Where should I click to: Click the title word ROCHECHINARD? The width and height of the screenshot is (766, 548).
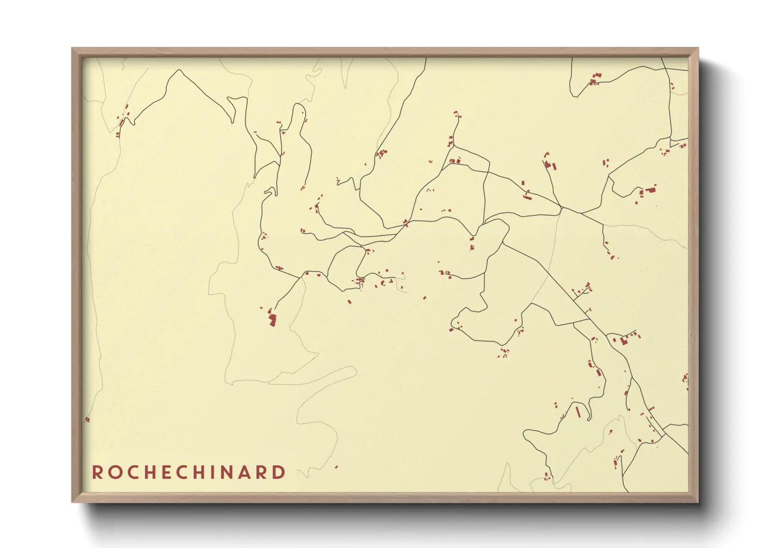pos(188,472)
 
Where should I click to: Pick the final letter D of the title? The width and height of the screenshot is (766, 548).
pos(279,472)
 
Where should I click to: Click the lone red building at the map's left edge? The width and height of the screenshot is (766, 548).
pos(87,420)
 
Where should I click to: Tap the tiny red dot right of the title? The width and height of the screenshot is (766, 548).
pos(336,467)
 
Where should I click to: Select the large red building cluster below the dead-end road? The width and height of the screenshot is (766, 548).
pos(272,318)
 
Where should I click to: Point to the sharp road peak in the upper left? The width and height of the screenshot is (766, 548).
pos(180,70)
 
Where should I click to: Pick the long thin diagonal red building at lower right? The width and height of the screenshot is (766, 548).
pos(578,412)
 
